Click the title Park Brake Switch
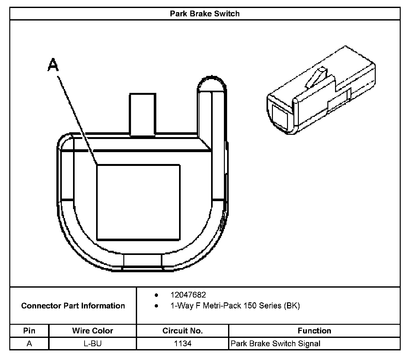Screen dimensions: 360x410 click(205, 14)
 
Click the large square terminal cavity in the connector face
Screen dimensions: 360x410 click(138, 202)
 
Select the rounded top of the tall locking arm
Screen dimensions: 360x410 click(212, 84)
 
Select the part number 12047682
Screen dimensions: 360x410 click(188, 295)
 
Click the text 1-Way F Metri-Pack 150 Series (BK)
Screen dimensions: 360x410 click(235, 306)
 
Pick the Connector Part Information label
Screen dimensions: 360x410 click(73, 306)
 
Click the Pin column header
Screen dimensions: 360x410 click(29, 331)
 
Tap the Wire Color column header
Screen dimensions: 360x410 click(93, 331)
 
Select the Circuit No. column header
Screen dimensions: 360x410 click(183, 331)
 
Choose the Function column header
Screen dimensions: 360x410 click(314, 331)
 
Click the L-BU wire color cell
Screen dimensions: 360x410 click(93, 344)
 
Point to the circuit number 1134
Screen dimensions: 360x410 click(183, 344)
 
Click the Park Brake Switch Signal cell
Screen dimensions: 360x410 click(275, 344)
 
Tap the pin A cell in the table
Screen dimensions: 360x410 click(29, 344)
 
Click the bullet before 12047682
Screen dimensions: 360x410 click(156, 295)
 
